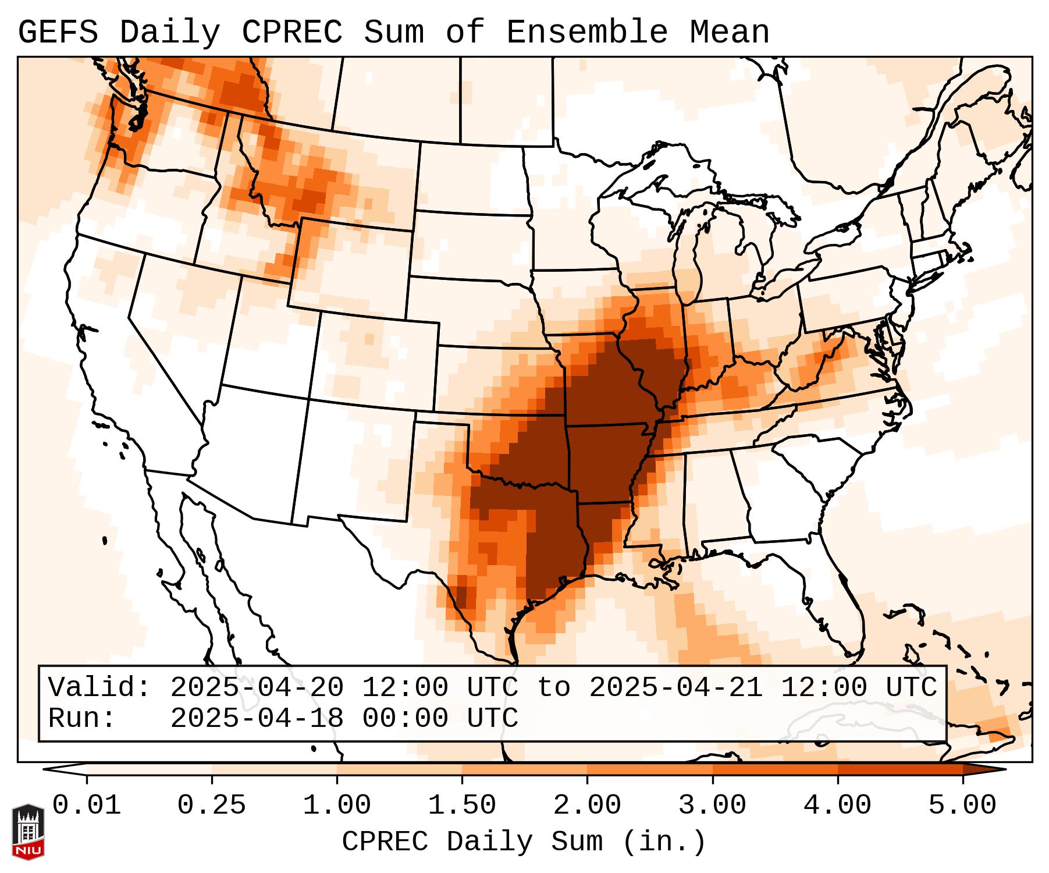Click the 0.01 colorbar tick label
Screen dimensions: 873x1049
tap(87, 805)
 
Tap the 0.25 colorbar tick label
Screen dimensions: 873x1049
tap(212, 805)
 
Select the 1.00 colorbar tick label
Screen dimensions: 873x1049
tap(337, 805)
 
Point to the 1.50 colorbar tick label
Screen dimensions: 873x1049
tap(462, 805)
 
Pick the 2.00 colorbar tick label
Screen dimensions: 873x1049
tap(587, 805)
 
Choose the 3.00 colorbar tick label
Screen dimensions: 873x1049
tap(712, 805)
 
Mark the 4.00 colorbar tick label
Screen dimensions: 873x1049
tap(837, 805)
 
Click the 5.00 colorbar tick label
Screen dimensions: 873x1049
tap(962, 805)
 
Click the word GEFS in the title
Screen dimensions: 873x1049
tap(58, 32)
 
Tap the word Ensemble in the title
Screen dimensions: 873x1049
tap(587, 32)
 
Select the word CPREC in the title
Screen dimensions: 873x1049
tap(291, 32)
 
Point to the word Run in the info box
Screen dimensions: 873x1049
tap(82, 718)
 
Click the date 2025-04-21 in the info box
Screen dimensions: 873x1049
tap(675, 687)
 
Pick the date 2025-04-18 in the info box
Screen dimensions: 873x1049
tap(257, 718)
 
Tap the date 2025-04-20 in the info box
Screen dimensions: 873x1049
tap(257, 687)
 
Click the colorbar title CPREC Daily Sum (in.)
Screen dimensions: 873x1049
tap(524, 842)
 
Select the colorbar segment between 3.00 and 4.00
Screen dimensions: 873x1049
tap(775, 769)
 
